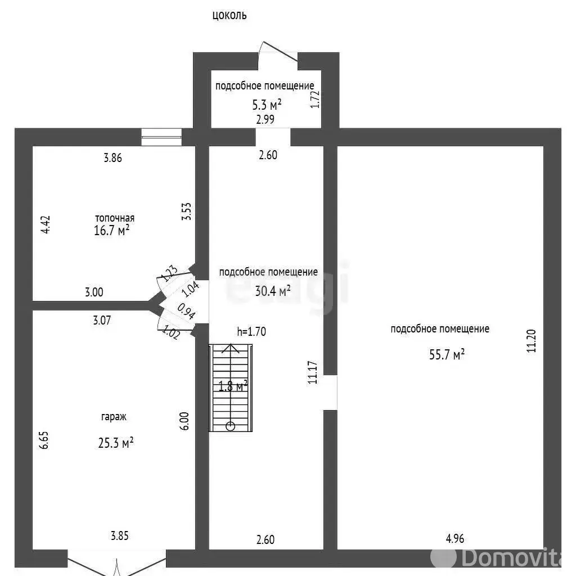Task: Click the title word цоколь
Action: click(x=229, y=15)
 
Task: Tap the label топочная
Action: click(x=115, y=218)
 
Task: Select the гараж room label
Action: click(x=114, y=417)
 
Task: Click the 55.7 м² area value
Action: click(x=447, y=354)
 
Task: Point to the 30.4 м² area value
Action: click(x=273, y=291)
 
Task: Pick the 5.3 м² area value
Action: click(x=267, y=105)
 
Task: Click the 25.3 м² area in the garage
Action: click(x=115, y=443)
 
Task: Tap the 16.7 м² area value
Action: click(x=111, y=230)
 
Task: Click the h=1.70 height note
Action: click(x=251, y=331)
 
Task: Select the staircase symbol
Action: click(x=230, y=388)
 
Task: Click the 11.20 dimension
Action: click(x=531, y=341)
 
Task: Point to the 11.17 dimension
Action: click(x=312, y=372)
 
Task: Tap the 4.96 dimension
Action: click(x=454, y=538)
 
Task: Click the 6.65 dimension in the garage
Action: click(x=43, y=440)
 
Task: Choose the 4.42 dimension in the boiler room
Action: click(x=45, y=224)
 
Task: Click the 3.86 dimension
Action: click(x=112, y=157)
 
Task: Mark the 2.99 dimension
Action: click(x=265, y=119)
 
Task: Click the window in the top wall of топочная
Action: click(x=161, y=137)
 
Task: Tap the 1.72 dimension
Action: click(x=315, y=99)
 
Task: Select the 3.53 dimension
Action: click(x=186, y=211)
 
